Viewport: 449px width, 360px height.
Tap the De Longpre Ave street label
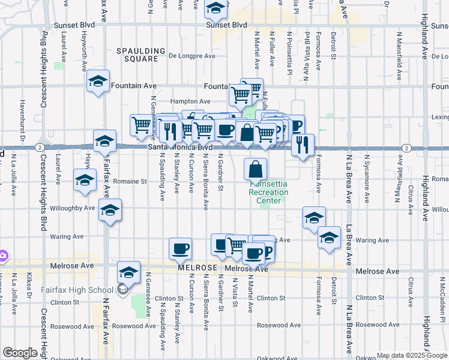point(192,56)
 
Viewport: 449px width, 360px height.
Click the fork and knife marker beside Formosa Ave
point(303,143)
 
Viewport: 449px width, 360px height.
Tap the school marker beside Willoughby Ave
point(110,210)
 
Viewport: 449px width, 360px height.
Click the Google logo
point(20,353)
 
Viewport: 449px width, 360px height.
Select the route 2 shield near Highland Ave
point(406,148)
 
